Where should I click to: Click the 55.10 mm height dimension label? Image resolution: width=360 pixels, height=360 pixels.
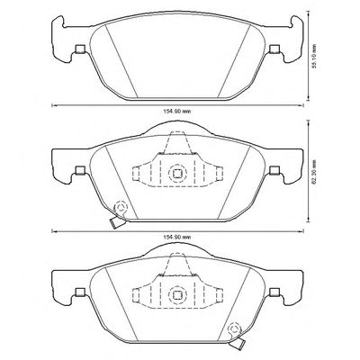coord(314,57)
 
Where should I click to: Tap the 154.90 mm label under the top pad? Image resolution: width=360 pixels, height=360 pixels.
coord(177,112)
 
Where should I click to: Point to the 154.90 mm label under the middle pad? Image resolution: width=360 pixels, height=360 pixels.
coord(177,237)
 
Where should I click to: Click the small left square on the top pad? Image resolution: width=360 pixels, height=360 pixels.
coord(80,49)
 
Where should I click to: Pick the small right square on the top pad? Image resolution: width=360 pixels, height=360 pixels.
coord(274,49)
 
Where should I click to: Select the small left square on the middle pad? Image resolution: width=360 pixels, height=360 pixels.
coord(80,170)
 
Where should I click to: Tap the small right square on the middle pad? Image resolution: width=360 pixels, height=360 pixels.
coord(274,170)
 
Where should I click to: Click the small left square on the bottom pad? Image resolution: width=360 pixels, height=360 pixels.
coord(80,292)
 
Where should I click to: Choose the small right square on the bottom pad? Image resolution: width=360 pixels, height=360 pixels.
coord(274,292)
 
